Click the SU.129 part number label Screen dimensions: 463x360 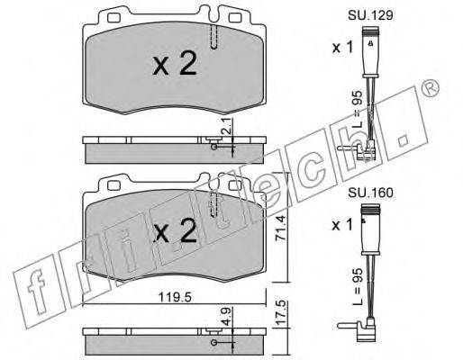pyautogui.click(x=370, y=15)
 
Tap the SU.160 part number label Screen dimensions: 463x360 pyautogui.click(x=370, y=193)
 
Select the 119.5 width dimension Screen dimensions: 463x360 pyautogui.click(x=175, y=297)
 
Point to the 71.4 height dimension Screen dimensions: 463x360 pyautogui.click(x=280, y=229)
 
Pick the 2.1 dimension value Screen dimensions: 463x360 pyautogui.click(x=227, y=126)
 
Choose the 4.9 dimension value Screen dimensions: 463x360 pyautogui.click(x=227, y=316)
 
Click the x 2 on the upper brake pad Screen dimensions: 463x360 pyautogui.click(x=175, y=63)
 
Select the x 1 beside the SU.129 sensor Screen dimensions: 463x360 pyautogui.click(x=342, y=48)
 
